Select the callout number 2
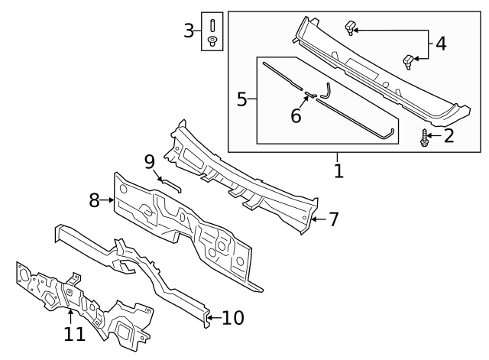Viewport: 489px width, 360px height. point(449,137)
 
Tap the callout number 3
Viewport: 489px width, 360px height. point(189,31)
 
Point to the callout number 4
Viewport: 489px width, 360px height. point(441,44)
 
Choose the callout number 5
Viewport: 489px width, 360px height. point(241,99)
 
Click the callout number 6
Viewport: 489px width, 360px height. point(296,115)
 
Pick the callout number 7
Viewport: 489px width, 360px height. point(332,219)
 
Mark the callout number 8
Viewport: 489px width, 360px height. point(95,200)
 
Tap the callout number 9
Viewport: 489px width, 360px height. point(150,161)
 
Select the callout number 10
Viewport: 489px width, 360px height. point(233,316)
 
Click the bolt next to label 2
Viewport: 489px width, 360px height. point(425,138)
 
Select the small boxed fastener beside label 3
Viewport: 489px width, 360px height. point(212,31)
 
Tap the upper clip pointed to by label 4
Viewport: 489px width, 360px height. point(351,28)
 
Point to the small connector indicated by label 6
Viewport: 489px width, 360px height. point(311,96)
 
